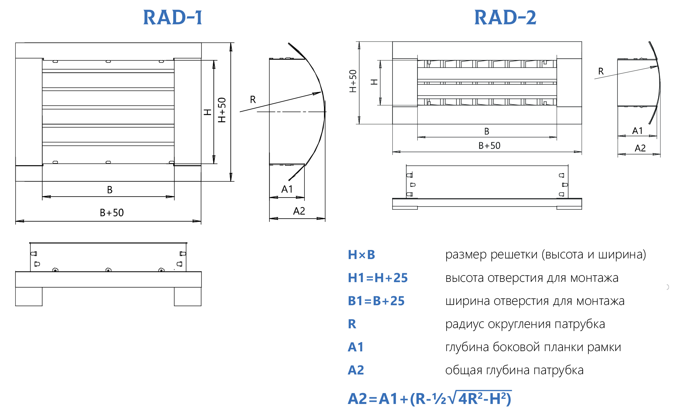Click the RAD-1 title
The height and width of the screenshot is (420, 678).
tap(173, 17)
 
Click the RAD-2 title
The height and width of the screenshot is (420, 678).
tap(505, 17)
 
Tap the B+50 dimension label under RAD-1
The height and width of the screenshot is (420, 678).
tap(112, 213)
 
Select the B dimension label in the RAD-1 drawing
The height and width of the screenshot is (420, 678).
tap(110, 190)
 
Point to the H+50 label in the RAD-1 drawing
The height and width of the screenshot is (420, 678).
tap(222, 110)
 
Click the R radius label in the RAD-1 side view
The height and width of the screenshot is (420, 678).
tap(253, 100)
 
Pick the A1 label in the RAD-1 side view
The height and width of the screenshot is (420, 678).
tap(287, 189)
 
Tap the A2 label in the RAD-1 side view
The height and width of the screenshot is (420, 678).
tap(299, 211)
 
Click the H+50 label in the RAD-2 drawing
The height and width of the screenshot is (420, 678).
tap(353, 81)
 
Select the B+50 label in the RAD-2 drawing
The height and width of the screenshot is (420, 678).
tap(489, 146)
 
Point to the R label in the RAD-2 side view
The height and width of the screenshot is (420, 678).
tap(601, 71)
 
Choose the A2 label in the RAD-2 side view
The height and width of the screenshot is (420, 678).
tap(640, 148)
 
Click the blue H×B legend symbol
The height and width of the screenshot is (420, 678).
tap(361, 255)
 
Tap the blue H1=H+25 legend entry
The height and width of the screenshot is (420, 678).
tap(378, 278)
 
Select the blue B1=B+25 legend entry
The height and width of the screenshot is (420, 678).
tap(376, 301)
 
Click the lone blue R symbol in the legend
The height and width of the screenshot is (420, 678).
tap(352, 324)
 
